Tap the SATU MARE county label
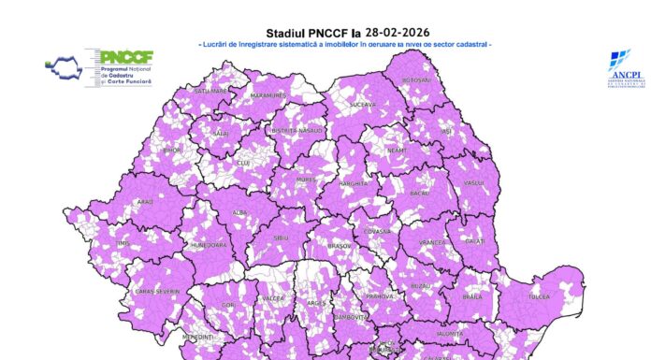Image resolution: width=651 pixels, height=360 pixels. click(212, 91)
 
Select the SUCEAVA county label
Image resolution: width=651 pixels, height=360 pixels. click(363, 105)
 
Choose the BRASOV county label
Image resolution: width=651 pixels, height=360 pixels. click(339, 246)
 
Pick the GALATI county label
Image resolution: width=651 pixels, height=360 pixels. click(475, 241)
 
